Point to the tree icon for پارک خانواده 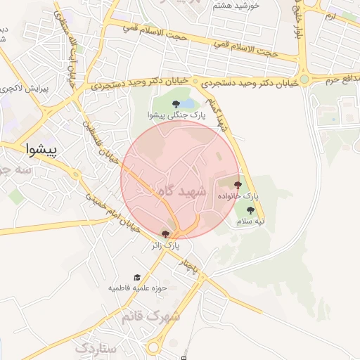pyautogui.click(x=238, y=186)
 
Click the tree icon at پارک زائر pyautogui.click(x=166, y=234)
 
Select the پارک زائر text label pyautogui.click(x=166, y=245)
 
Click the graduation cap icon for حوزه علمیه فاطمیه pyautogui.click(x=137, y=278)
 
